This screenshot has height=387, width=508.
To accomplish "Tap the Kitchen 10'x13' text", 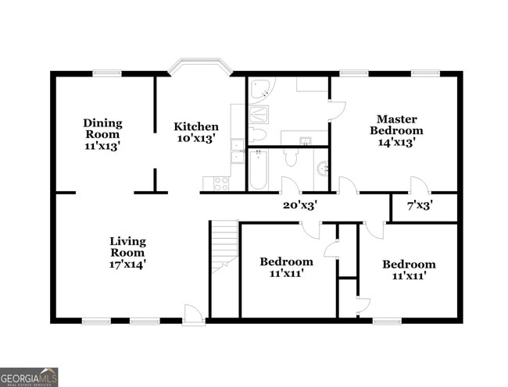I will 195,133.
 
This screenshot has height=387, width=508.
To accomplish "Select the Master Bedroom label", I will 396,125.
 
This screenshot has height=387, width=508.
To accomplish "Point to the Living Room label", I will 127,247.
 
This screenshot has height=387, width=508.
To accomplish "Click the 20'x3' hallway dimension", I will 299,205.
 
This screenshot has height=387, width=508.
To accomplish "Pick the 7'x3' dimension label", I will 420,205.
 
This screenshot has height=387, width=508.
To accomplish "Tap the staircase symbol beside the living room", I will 224,246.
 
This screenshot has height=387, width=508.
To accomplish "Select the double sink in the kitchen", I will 237,150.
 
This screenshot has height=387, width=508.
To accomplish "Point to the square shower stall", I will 259,115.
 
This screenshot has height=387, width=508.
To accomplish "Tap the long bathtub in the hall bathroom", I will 258,170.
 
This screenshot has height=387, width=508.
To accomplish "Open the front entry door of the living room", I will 192,314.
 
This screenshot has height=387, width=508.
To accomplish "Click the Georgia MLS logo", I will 29,377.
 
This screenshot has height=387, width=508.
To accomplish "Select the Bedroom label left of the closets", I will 286,262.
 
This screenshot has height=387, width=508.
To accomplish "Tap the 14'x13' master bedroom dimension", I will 396,142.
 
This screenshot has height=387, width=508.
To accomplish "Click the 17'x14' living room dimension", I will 127,265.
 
